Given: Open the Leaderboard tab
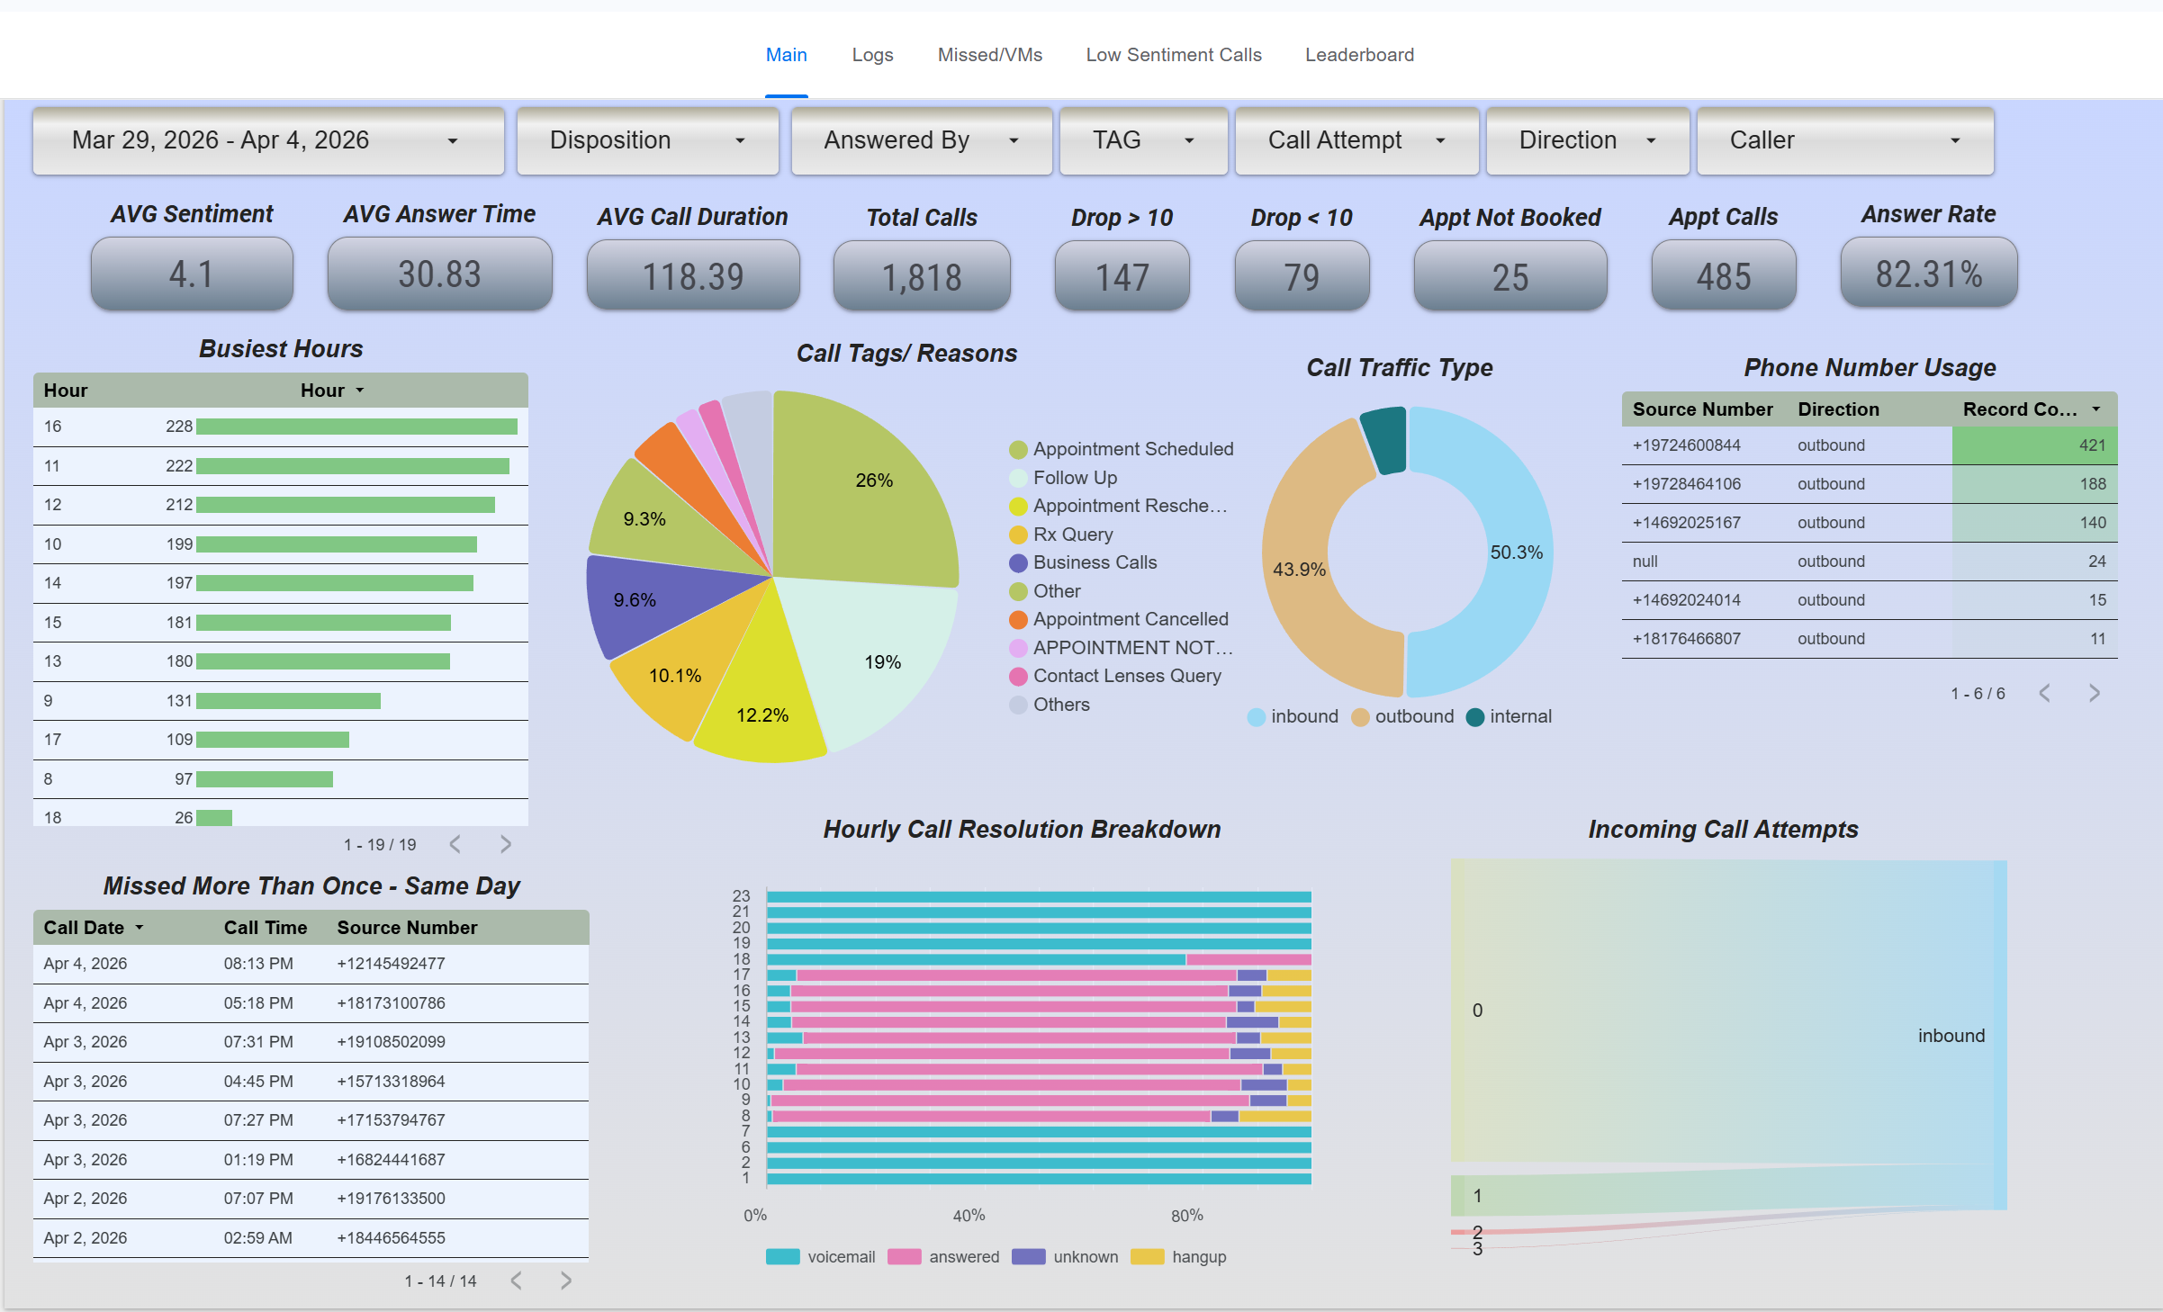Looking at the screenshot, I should (x=1359, y=55).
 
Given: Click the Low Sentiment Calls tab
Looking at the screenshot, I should (x=1173, y=55).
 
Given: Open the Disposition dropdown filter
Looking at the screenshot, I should (x=647, y=140).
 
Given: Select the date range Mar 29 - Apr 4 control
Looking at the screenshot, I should (x=267, y=140).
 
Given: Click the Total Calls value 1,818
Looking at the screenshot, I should (x=922, y=276).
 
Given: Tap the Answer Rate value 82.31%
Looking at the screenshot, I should (x=1928, y=274).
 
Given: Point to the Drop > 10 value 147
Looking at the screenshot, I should (x=1122, y=276).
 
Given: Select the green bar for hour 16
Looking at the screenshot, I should (x=356, y=427).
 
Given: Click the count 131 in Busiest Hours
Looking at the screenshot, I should (x=179, y=701).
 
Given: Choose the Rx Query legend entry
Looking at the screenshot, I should (x=1072, y=535).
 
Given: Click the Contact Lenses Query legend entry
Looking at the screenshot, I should (x=1126, y=676).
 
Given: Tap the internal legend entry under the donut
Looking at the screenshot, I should (x=1519, y=716).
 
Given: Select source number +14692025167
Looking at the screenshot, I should (x=1686, y=523).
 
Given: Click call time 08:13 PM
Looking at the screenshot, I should (x=258, y=964).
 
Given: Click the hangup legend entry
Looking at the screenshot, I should (x=1198, y=1257).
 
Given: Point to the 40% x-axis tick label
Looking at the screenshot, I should (x=969, y=1216).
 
